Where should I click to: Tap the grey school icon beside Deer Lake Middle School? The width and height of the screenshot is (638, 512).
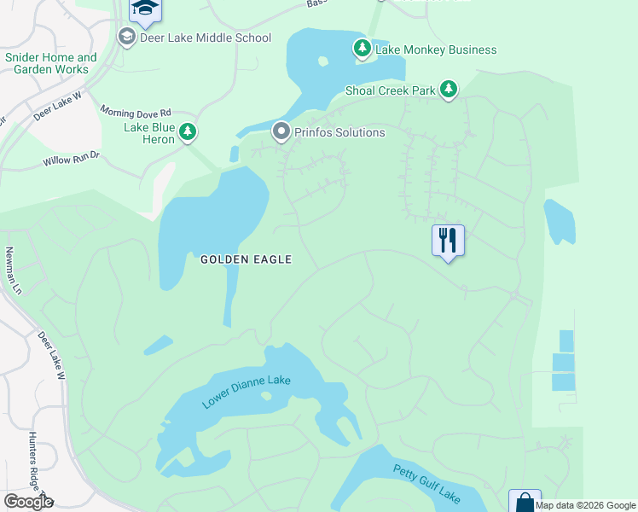pos(127,38)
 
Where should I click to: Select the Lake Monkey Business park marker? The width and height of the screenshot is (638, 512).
pos(362,49)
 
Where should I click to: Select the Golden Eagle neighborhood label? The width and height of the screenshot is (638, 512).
pos(246,259)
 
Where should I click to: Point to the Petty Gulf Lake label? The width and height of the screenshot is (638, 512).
pos(426,483)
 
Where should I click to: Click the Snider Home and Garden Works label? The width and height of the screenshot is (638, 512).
pos(50,63)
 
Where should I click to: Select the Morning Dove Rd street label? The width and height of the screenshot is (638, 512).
pos(136,112)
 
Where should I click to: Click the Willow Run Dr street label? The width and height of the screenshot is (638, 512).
pos(72,159)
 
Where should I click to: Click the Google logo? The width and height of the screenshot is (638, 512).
pos(28,502)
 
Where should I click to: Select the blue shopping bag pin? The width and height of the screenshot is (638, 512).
pos(525,502)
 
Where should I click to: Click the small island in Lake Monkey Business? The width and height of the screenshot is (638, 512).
pos(322,61)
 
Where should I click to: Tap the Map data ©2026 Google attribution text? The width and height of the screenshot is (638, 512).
pos(585,505)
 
